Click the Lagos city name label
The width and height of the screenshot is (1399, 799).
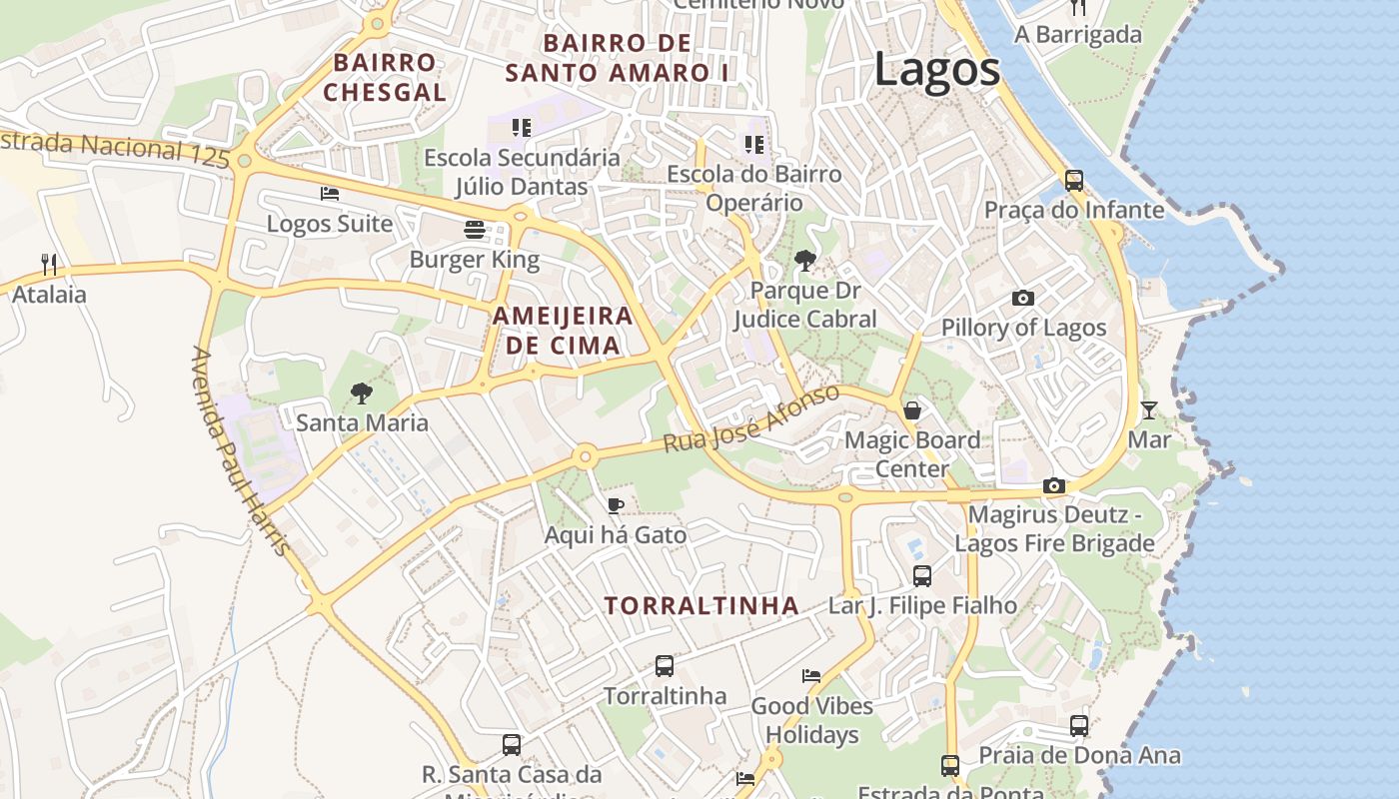[x=936, y=70]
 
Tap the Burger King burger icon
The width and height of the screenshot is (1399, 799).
[x=475, y=230]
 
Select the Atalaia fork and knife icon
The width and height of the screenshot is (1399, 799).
[x=49, y=264]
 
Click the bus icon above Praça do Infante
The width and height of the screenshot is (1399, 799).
[x=1074, y=181]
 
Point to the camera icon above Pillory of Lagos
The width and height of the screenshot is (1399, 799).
[x=1022, y=298]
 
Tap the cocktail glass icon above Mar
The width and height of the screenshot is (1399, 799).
[x=1149, y=409]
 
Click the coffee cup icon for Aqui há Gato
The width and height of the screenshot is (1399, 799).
[x=616, y=505]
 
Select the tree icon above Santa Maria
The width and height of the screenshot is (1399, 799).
[x=362, y=393]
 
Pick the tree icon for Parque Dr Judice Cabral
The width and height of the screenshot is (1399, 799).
[x=804, y=262]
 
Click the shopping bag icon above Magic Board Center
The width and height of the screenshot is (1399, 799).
[x=911, y=410]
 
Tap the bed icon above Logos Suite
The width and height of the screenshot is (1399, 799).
[x=330, y=194]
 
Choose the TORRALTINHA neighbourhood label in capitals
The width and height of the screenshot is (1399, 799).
[x=701, y=606]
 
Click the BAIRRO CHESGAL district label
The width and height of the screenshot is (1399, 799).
[x=385, y=77]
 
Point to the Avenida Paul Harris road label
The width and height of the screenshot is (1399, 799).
[x=243, y=451]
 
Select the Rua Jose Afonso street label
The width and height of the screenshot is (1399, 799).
[x=751, y=418]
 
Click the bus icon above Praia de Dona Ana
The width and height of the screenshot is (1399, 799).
[x=1079, y=726]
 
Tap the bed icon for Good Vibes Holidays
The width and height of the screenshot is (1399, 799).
[x=811, y=676]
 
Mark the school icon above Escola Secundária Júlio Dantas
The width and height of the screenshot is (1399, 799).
[x=521, y=127]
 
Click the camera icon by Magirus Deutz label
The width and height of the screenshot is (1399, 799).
[x=1053, y=485]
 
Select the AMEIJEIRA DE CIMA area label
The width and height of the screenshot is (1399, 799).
[x=563, y=331]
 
